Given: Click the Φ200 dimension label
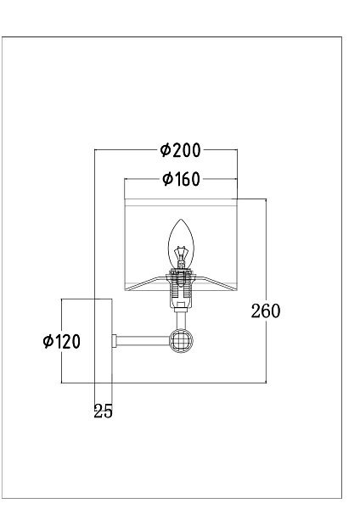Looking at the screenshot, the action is pyautogui.click(x=180, y=150).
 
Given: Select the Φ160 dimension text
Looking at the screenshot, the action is pyautogui.click(x=181, y=179).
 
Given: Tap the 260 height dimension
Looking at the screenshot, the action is pyautogui.click(x=266, y=311).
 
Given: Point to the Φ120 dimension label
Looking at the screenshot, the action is pyautogui.click(x=61, y=342).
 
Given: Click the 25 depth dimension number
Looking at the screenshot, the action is pyautogui.click(x=103, y=411).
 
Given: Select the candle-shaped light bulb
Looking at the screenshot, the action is pyautogui.click(x=181, y=244).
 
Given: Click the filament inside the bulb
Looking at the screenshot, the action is pyautogui.click(x=181, y=256).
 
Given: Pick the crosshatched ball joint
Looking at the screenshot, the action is pyautogui.click(x=181, y=341).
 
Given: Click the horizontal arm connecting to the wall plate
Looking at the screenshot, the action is pyautogui.click(x=143, y=341).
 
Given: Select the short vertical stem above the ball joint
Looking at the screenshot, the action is pyautogui.click(x=181, y=320).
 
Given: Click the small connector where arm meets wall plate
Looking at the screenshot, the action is pyautogui.click(x=115, y=341).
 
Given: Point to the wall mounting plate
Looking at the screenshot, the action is pyautogui.click(x=104, y=341).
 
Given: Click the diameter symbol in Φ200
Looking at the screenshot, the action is pyautogui.click(x=166, y=150).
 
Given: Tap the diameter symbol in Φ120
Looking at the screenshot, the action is pyautogui.click(x=48, y=342).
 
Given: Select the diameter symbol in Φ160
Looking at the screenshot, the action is pyautogui.click(x=167, y=179).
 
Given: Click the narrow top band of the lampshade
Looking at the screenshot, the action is pyautogui.click(x=181, y=202).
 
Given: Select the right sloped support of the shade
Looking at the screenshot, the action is pyautogui.click(x=217, y=282).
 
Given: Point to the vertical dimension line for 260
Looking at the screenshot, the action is pyautogui.click(x=266, y=290).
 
